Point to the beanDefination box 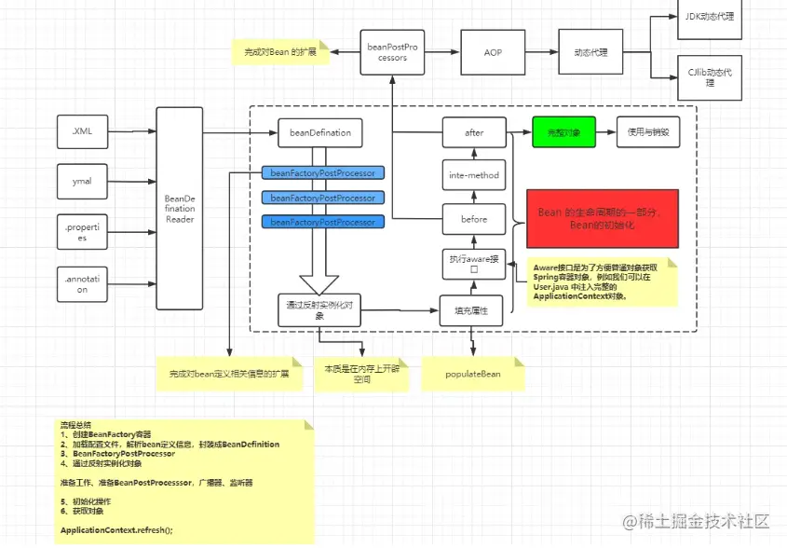click(319, 132)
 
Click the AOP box click(493, 52)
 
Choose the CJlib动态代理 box click(710, 77)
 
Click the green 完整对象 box click(563, 132)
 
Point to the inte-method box click(474, 175)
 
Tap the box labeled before click(474, 219)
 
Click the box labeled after click(474, 132)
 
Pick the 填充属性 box click(471, 309)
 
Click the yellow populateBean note click(473, 374)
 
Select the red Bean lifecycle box click(602, 218)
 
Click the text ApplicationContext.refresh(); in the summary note click(116, 528)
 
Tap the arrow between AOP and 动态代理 click(542, 52)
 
